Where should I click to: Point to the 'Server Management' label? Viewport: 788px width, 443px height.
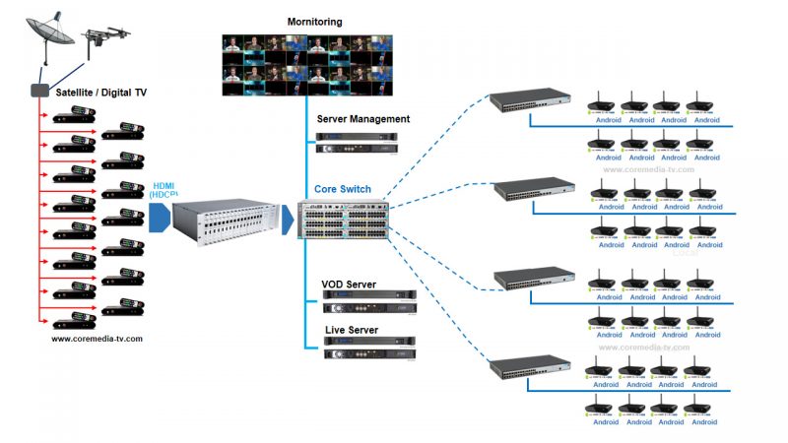(362, 119)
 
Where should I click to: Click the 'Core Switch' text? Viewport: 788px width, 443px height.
(346, 188)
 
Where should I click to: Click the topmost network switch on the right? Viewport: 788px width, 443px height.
(533, 99)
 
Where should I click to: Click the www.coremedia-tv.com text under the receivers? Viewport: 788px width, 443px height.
(96, 339)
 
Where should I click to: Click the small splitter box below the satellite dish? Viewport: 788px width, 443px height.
(39, 90)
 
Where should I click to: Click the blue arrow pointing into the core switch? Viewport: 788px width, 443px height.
(288, 221)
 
